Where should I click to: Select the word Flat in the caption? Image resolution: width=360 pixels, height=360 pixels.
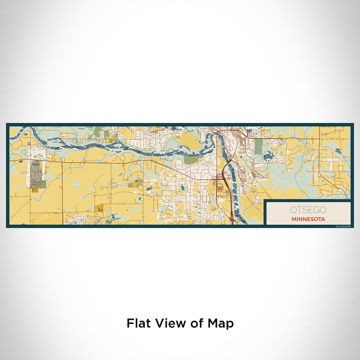[137, 323]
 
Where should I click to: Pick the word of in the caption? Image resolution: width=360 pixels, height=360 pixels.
[196, 323]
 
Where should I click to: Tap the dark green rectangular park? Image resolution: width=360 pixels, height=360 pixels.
[259, 147]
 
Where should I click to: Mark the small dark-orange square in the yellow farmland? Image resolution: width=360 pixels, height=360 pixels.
[99, 208]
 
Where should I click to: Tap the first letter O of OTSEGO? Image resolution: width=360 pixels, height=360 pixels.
[293, 209]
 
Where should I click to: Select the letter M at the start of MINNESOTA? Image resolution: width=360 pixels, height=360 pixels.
[293, 218]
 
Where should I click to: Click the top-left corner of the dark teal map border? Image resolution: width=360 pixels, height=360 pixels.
[7, 124]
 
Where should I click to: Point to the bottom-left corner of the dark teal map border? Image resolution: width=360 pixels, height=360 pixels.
[7, 226]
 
